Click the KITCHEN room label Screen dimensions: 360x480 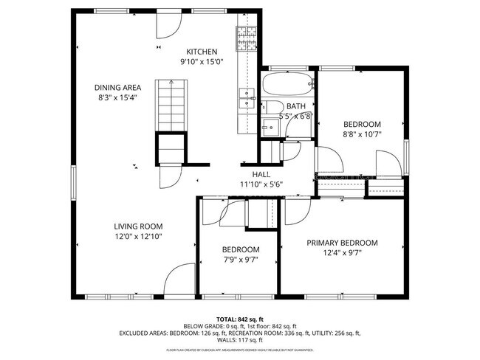(x=201, y=51)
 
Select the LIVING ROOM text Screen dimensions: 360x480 (x=138, y=226)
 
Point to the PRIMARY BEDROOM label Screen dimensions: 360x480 (x=342, y=243)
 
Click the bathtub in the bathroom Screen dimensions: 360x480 (x=287, y=83)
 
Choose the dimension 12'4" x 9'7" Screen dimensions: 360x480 (x=342, y=253)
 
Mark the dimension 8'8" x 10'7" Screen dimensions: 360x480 (x=362, y=134)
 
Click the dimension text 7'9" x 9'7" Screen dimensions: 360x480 (x=241, y=260)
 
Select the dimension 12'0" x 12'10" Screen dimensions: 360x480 (x=138, y=236)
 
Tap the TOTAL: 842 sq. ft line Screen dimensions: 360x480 (x=240, y=319)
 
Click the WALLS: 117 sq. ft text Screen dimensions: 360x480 (x=240, y=340)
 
